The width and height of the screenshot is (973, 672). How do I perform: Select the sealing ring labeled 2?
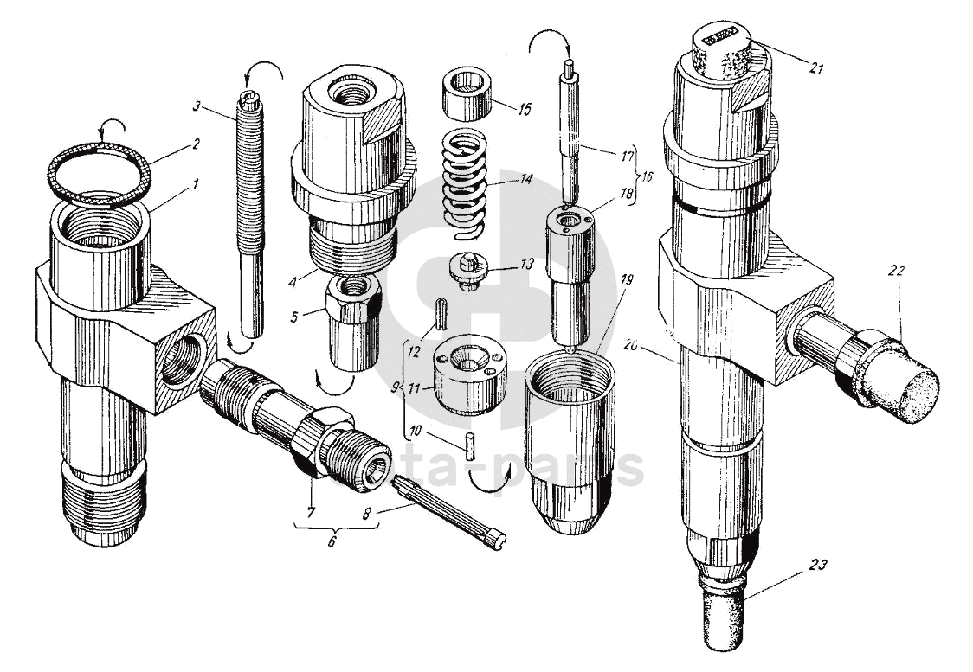point(98,176)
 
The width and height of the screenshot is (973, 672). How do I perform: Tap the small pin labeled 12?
point(440,313)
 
